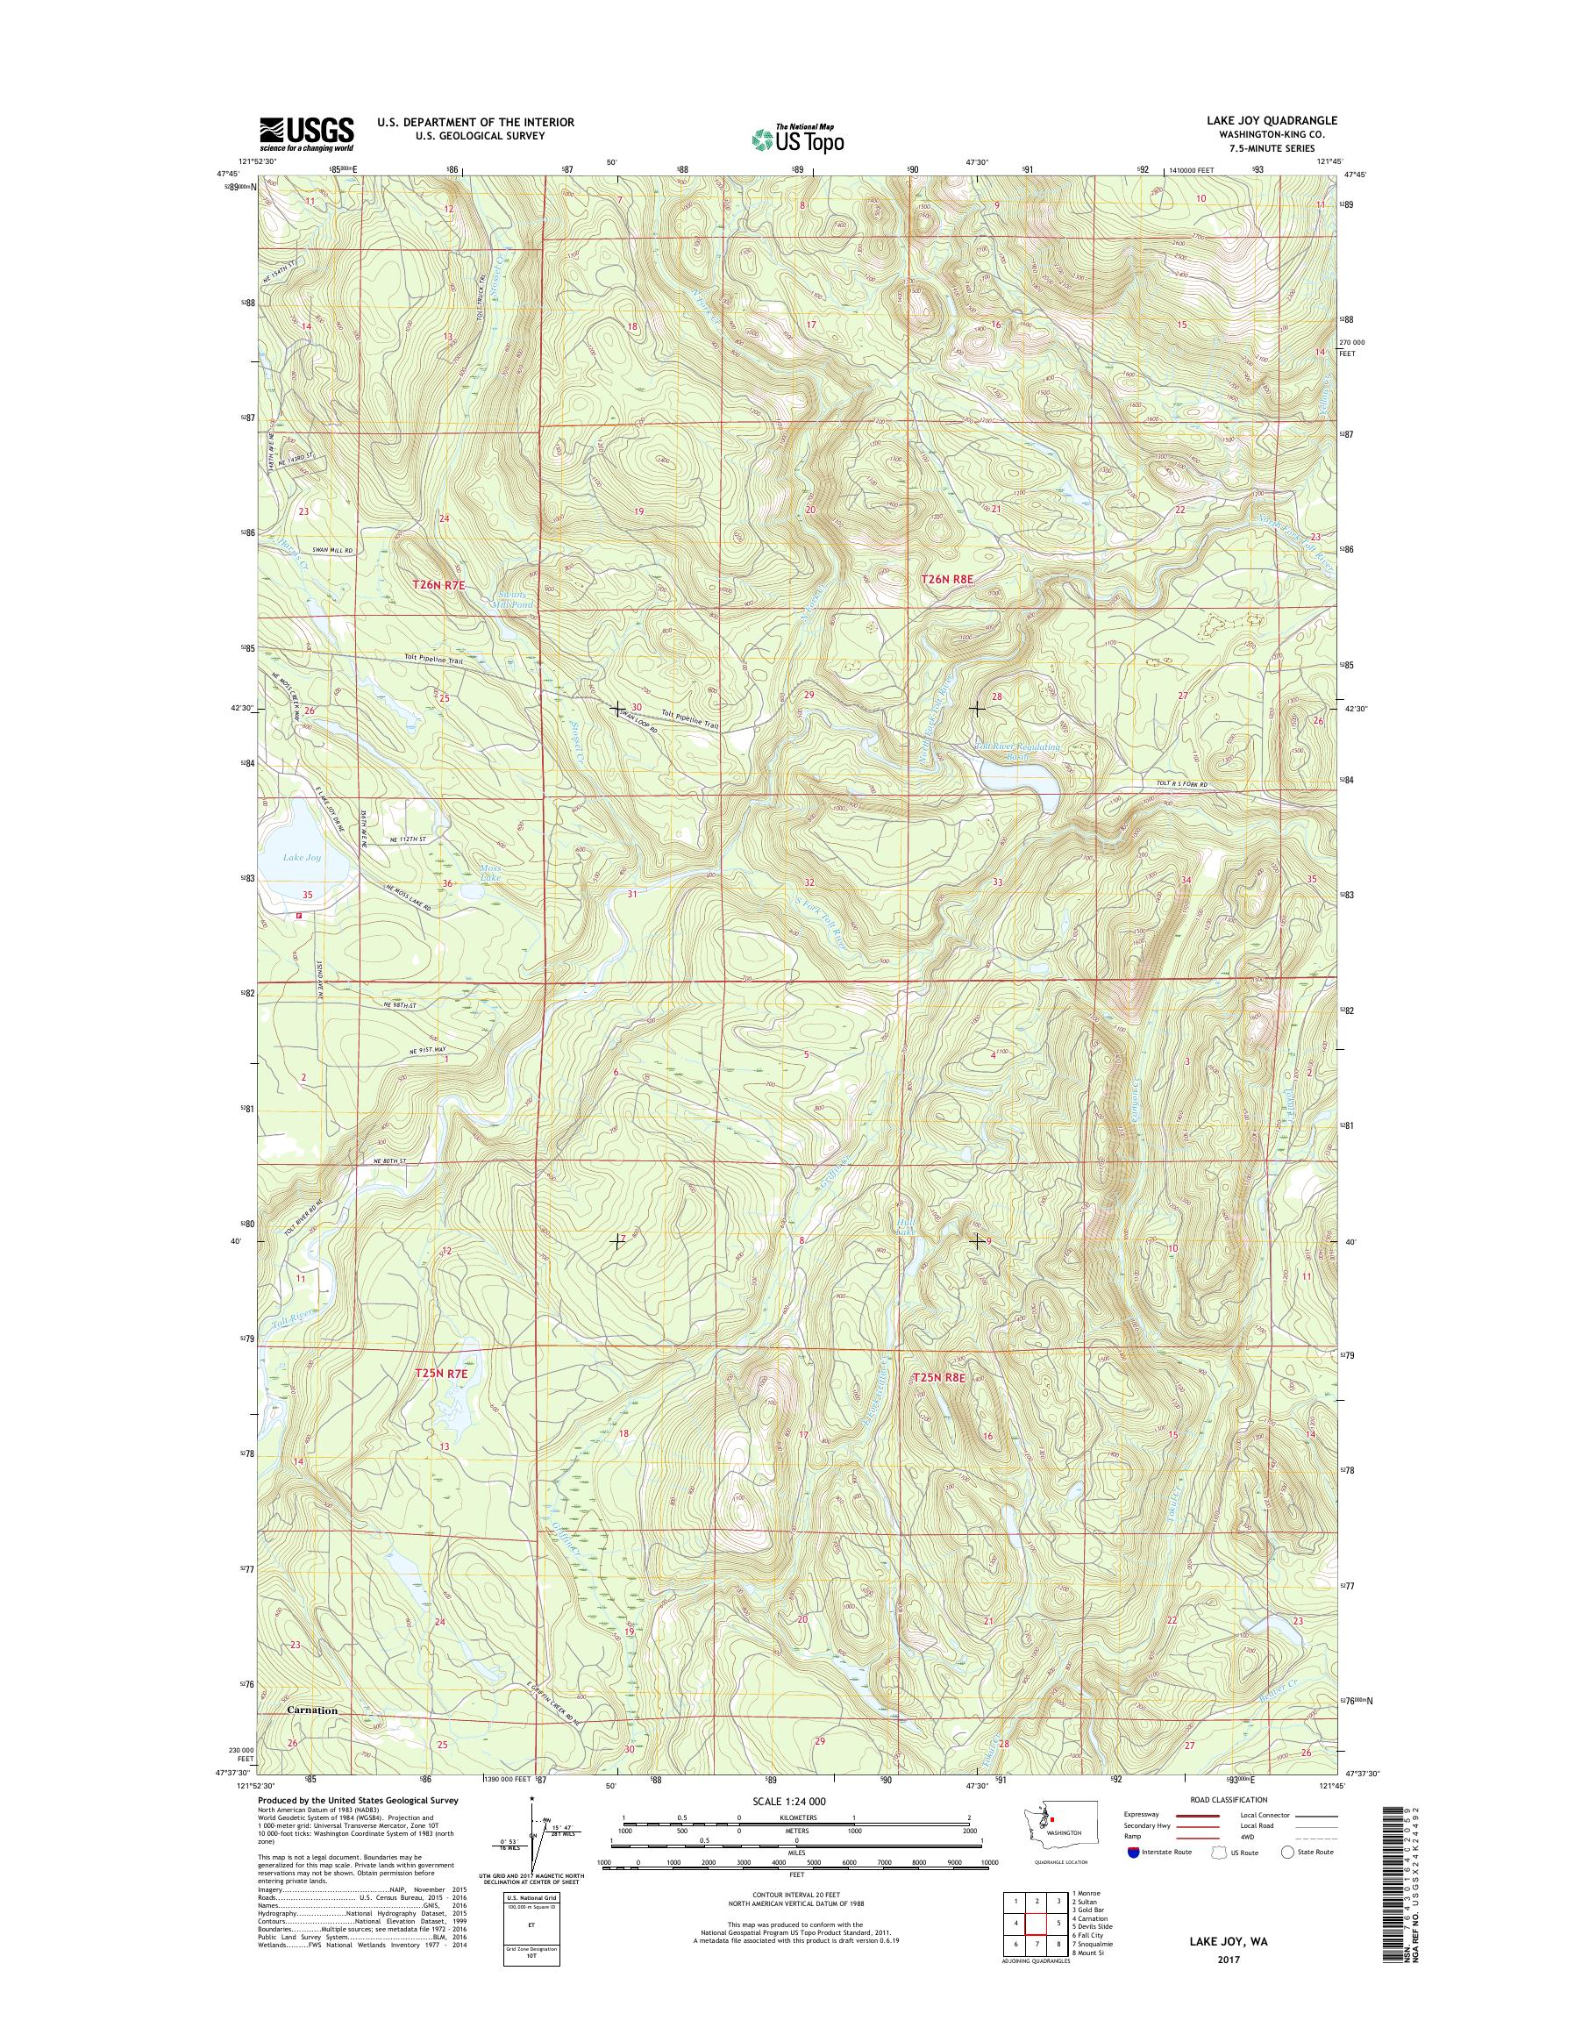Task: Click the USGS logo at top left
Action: [x=307, y=134]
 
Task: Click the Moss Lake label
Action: [x=490, y=873]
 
